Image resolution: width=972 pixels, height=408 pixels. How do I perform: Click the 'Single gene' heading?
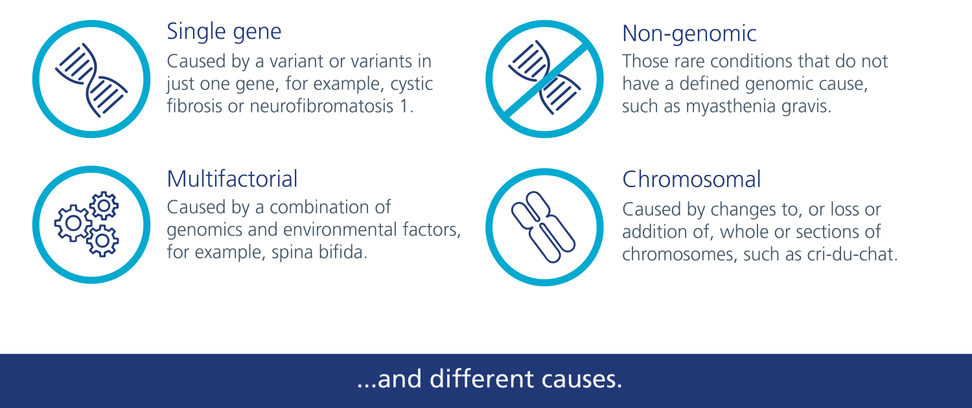[224, 32]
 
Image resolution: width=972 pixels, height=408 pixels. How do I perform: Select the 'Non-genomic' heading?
[689, 34]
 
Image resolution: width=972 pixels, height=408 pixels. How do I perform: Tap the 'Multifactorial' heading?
[232, 179]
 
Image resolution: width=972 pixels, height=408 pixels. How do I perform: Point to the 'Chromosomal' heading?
[691, 179]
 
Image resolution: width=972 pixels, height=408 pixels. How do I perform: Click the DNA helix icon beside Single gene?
[91, 80]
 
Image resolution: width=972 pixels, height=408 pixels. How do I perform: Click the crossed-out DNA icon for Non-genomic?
[544, 79]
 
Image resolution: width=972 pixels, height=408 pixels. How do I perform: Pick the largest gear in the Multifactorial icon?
[73, 223]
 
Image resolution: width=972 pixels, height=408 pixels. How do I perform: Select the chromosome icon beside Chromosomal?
[543, 227]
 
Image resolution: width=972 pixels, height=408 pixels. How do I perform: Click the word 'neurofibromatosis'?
[321, 106]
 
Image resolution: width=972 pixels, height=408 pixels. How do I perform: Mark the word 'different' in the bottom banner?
[481, 378]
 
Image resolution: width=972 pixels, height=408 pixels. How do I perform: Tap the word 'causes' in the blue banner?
[579, 380]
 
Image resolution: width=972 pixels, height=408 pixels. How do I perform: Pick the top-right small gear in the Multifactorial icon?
[104, 205]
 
